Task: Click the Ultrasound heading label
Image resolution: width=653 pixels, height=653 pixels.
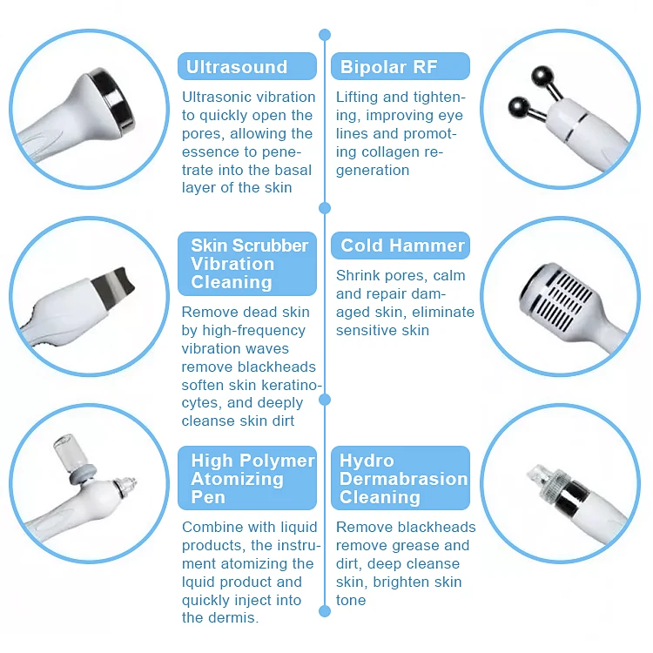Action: coord(237,67)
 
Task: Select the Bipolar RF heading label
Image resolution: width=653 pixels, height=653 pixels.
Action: coord(388,67)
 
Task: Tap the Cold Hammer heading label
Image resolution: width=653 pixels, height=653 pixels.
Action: coord(402,246)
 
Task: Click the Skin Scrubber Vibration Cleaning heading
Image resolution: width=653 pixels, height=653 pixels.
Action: coord(249,264)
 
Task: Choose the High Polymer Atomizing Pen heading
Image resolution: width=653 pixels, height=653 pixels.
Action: coord(252,479)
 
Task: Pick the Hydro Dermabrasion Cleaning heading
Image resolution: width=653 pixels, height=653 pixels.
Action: coord(403,479)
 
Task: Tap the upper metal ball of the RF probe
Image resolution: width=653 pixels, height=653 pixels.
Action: coord(551,76)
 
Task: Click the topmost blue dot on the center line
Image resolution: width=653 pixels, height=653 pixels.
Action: coord(325,35)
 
